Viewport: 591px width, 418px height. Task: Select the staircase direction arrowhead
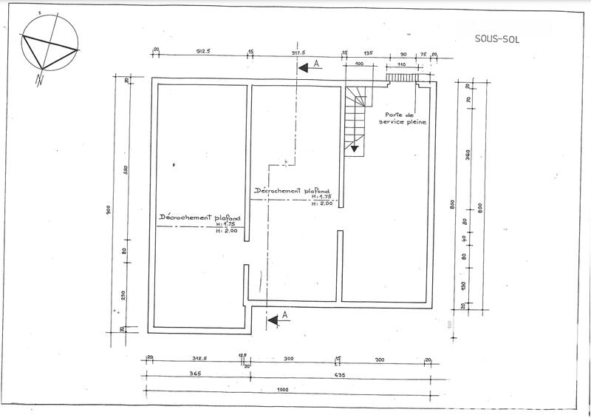click(x=355, y=149)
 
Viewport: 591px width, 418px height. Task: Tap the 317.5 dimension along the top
click(x=298, y=53)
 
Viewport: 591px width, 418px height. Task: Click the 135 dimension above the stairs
click(x=368, y=53)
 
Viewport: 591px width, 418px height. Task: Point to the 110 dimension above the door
click(x=402, y=66)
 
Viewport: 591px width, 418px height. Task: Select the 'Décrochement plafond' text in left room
click(x=201, y=219)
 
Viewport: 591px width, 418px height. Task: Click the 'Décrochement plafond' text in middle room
click(x=291, y=190)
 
